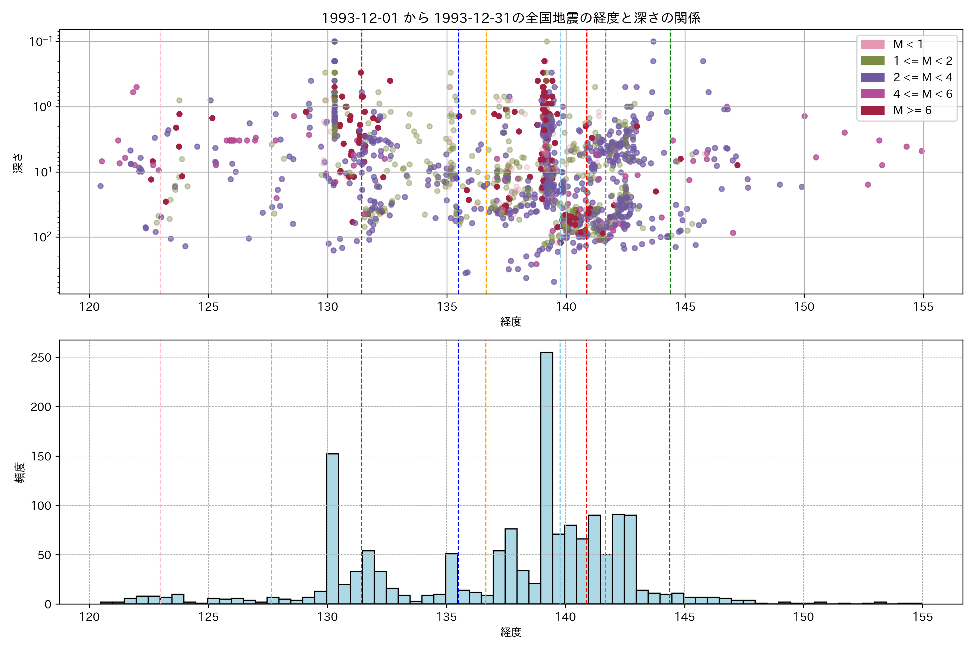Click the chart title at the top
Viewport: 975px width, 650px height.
tap(511, 18)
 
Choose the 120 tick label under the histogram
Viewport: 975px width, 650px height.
tap(90, 617)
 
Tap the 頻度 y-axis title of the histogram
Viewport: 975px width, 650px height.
tap(20, 473)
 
